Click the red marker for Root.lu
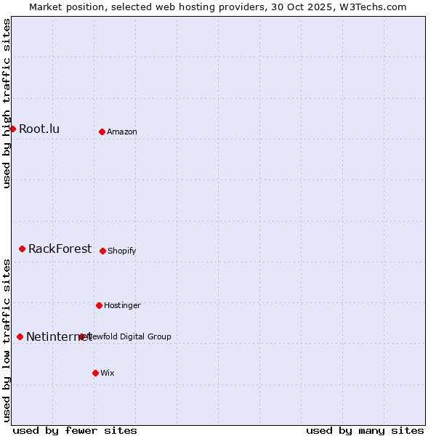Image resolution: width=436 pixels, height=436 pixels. tap(12, 129)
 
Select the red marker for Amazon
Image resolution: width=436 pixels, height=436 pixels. tap(102, 132)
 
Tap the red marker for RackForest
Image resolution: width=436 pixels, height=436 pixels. tap(22, 249)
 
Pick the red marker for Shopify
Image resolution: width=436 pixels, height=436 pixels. tap(102, 251)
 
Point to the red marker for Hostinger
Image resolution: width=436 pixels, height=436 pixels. tap(99, 305)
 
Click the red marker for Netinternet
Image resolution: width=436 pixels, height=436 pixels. tap(20, 336)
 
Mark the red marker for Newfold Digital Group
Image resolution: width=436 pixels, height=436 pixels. tap(81, 336)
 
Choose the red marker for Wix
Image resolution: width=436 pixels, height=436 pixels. tap(95, 373)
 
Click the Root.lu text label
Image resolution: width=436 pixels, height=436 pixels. tap(39, 129)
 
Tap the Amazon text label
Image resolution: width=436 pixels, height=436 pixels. tap(122, 132)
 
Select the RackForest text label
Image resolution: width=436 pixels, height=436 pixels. tap(60, 249)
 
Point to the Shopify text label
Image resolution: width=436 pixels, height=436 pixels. tap(122, 251)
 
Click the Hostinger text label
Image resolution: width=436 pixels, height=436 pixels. tap(122, 305)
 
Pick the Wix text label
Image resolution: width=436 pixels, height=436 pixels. tap(108, 373)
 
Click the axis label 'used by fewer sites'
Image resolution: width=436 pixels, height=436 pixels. tap(75, 430)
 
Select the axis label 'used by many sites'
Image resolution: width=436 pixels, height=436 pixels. tap(365, 430)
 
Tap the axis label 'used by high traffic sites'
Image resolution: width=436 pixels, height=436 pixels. tap(7, 103)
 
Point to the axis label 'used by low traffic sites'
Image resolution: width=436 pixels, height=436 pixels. tap(7, 340)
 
